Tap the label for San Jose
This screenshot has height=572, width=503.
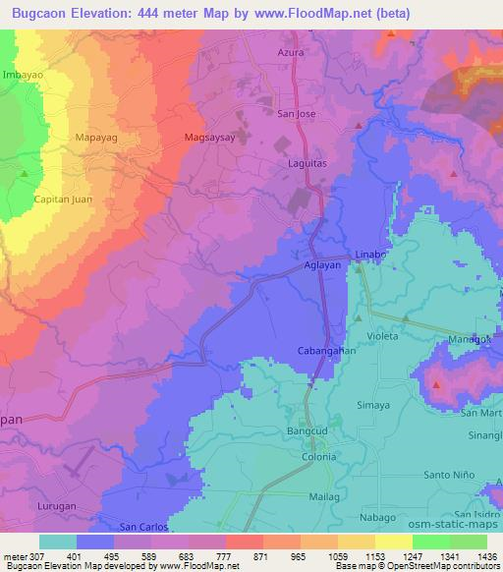(x=297, y=113)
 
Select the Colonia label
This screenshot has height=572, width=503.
(x=318, y=456)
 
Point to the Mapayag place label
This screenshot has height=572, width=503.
(x=96, y=139)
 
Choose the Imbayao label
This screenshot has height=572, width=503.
(x=25, y=74)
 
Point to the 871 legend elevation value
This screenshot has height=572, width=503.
(x=258, y=556)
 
